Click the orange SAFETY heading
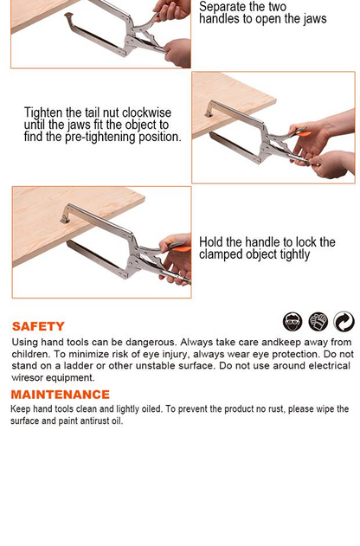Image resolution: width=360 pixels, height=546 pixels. pos(38,326)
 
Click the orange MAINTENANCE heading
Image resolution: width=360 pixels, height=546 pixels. pos(61,395)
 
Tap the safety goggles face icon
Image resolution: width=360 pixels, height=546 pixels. pos(292,321)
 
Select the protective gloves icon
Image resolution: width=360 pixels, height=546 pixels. pos(318,321)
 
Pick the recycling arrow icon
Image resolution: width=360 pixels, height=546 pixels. pos(344,321)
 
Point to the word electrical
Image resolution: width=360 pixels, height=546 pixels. pos(329,366)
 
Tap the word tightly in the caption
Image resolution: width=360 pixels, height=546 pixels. pos(294,254)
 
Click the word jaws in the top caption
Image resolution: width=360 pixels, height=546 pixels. pos(315,19)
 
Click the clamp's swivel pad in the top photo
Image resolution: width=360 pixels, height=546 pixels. pos(68,16)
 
